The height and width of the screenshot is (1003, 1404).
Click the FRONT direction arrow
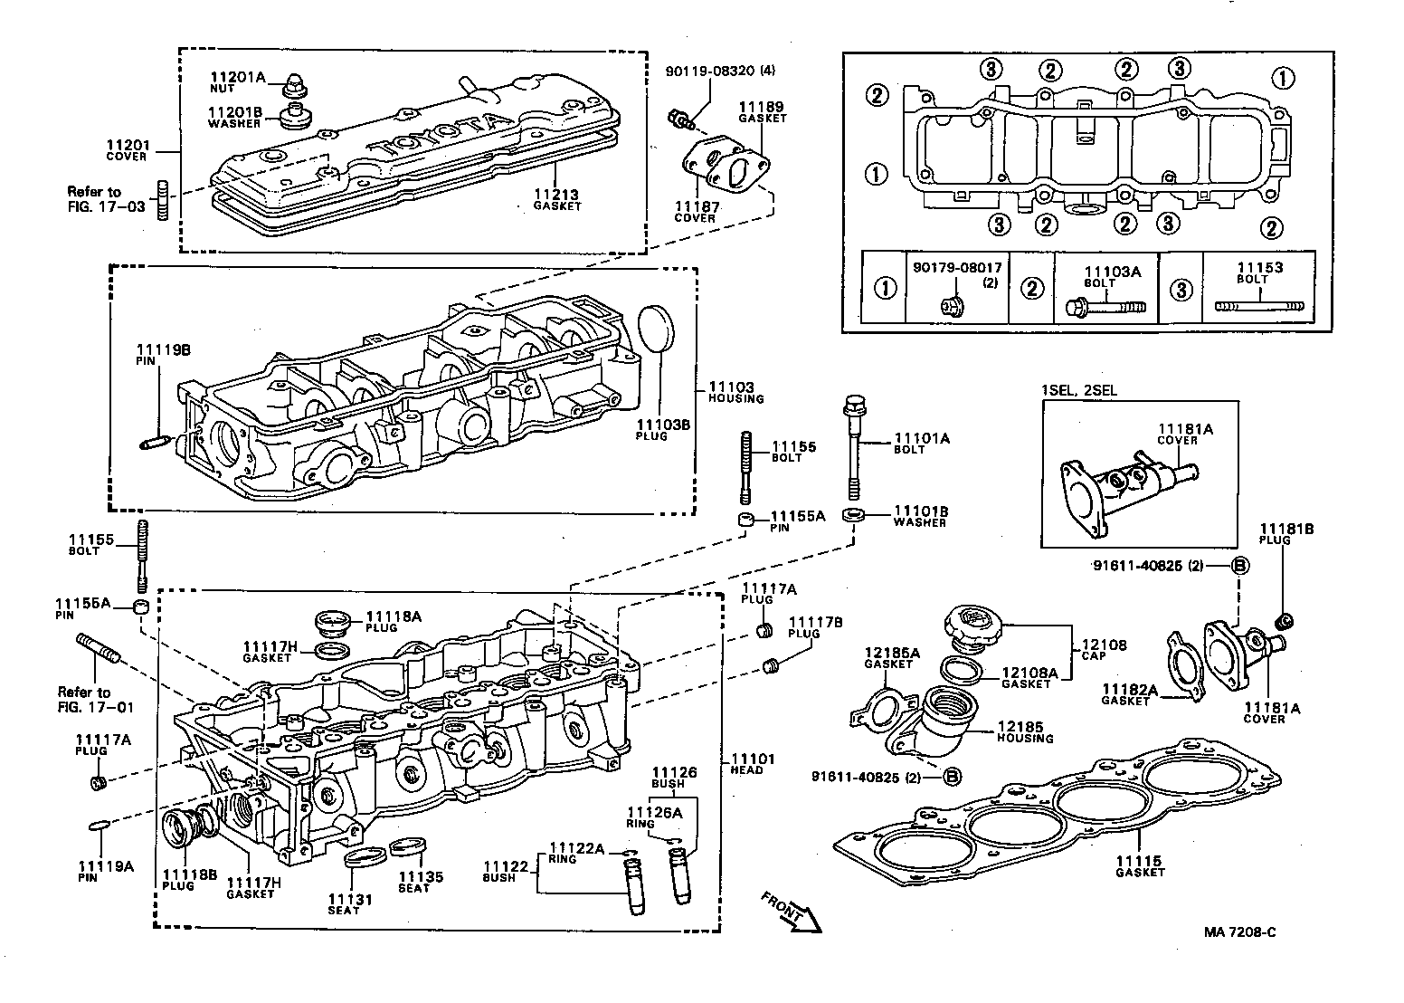792,911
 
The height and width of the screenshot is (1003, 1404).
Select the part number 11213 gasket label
556,199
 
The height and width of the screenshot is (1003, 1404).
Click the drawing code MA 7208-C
1238,931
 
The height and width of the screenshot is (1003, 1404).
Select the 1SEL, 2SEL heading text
1078,390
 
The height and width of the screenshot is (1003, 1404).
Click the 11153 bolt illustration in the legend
1258,305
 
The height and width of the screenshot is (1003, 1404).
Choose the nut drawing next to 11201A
293,87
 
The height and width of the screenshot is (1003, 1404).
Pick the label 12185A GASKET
892,657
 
